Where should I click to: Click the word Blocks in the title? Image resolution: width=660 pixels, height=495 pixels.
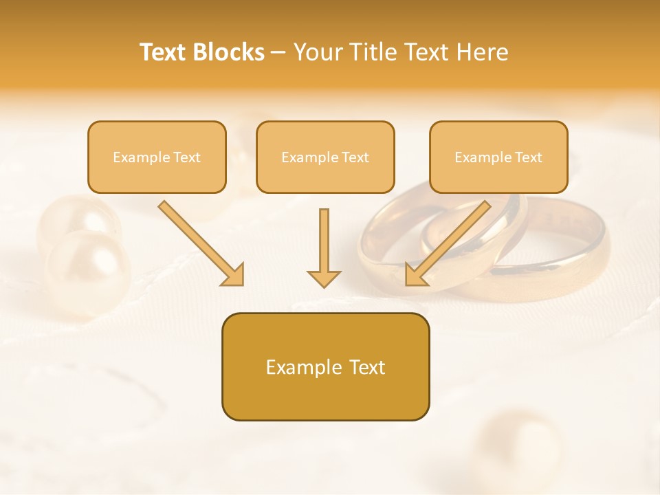coord(230,52)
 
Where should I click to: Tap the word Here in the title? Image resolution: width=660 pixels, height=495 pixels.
coord(483,52)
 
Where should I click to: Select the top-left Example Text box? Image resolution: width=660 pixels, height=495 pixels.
coord(157,157)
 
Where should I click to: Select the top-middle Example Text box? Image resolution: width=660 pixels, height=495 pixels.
coord(325,157)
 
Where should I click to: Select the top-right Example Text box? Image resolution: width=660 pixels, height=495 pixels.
coord(498,157)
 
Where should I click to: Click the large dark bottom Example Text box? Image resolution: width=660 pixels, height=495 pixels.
coord(325,366)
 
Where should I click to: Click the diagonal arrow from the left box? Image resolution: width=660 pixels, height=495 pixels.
coord(199,242)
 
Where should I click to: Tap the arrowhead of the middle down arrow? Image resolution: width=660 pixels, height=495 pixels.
coord(324,278)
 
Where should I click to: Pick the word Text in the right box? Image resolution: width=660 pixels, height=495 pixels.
coord(528,157)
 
